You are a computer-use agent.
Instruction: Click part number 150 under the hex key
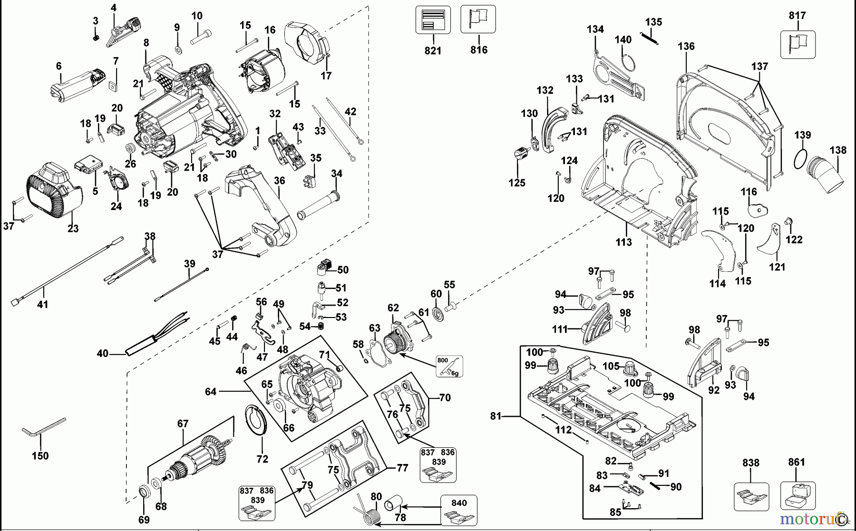click(x=40, y=456)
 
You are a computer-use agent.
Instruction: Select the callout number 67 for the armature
click(x=183, y=424)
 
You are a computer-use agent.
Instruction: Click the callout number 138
click(x=838, y=150)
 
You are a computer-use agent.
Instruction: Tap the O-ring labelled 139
click(x=801, y=159)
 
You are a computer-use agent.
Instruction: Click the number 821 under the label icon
click(x=433, y=50)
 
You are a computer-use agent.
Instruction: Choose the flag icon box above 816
click(x=478, y=19)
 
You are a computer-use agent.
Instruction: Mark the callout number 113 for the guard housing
click(x=623, y=242)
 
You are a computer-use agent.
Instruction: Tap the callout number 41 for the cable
click(x=43, y=304)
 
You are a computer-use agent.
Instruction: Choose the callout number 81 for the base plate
click(x=496, y=416)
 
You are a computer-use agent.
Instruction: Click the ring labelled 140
click(x=628, y=63)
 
